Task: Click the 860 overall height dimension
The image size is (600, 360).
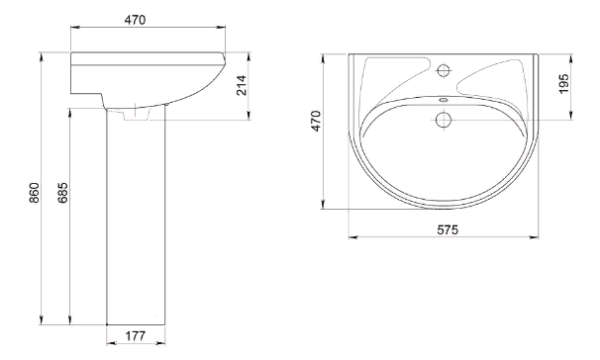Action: [x=34, y=192]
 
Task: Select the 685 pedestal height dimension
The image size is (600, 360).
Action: [x=64, y=192]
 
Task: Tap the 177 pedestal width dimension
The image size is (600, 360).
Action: [x=135, y=336]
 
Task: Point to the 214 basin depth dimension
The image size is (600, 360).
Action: [x=242, y=85]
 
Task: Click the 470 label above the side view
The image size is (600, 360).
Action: [x=135, y=20]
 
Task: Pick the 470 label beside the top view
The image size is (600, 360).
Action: [x=316, y=121]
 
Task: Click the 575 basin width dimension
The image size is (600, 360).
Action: [x=447, y=230]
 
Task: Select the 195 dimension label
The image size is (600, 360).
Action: [x=564, y=84]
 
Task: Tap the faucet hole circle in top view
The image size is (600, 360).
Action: [x=443, y=71]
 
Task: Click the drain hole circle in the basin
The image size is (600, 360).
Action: [x=443, y=120]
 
